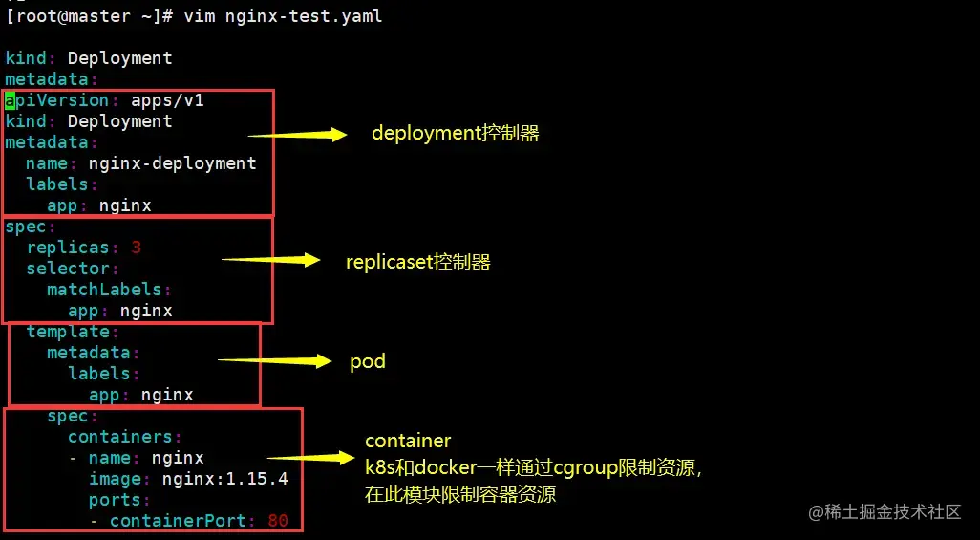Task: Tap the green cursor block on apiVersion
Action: [x=10, y=100]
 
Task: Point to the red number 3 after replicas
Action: [x=136, y=248]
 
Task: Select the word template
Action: [x=67, y=332]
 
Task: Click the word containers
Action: [x=118, y=437]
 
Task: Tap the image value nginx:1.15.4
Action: [x=224, y=479]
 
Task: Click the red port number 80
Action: [x=278, y=521]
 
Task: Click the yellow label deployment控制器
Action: [x=456, y=134]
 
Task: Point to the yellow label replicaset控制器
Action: [x=418, y=262]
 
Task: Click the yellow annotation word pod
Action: [x=368, y=362]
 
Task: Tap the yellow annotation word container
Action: [x=408, y=441]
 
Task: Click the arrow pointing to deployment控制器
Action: [x=297, y=135]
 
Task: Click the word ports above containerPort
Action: [x=115, y=500]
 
